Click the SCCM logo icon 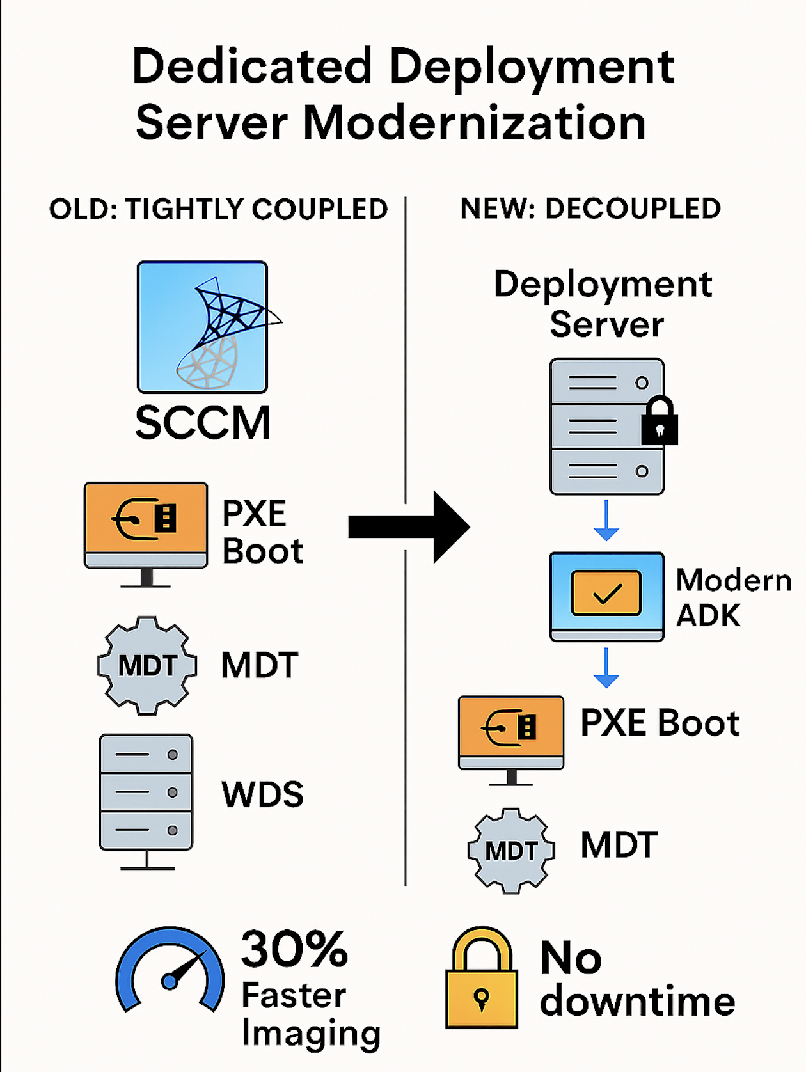point(202,326)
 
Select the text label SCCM point(202,423)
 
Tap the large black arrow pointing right point(409,527)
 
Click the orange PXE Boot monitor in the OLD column point(146,524)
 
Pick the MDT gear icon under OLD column point(146,665)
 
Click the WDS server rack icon point(146,793)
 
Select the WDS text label point(262,794)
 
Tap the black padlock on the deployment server point(660,422)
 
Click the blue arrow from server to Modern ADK point(606,520)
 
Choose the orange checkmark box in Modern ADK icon point(606,593)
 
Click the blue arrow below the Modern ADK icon point(606,667)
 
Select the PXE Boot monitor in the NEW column point(511,733)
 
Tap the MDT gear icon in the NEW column point(511,851)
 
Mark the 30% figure point(294,949)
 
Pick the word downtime point(637,1001)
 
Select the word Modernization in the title point(474,123)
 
